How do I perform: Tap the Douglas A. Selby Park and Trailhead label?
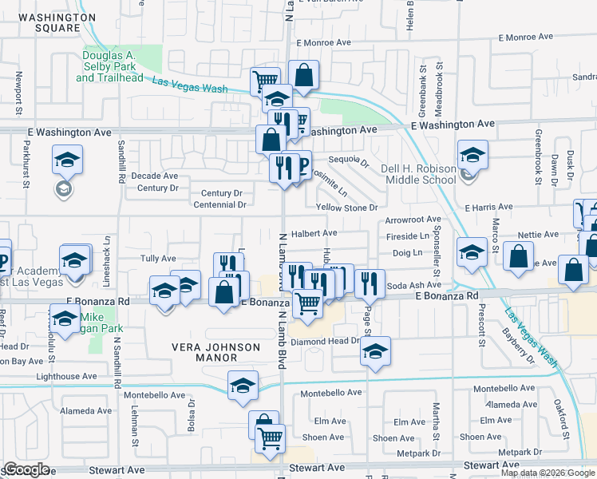coord(110,66)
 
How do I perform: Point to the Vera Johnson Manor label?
coord(217,352)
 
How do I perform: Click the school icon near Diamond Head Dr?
coord(374,351)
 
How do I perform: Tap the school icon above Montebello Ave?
coord(242,386)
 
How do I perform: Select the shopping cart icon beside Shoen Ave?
coord(271,437)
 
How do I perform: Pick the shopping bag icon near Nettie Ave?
coord(518,257)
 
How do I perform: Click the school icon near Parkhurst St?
coord(68,159)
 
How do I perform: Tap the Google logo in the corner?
coord(26,469)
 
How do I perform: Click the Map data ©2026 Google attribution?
coord(548,473)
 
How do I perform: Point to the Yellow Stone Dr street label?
coord(346,208)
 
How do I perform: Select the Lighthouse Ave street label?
coord(67,376)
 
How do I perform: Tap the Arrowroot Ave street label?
coord(413,219)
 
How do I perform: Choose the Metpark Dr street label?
coord(413,453)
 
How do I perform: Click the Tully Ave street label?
coord(158,259)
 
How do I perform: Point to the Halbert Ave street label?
coord(314,233)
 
